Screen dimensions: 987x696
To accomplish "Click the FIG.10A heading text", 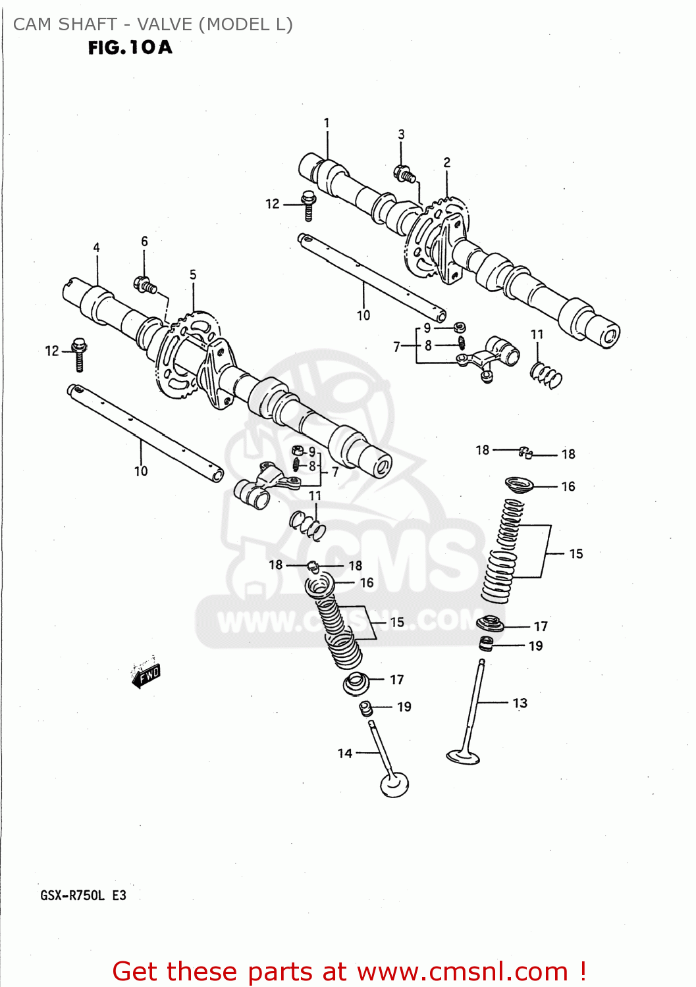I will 130,47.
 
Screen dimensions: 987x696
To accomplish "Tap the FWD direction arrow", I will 146,675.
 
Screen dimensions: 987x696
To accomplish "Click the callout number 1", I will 327,123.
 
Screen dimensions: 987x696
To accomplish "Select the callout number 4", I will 96,248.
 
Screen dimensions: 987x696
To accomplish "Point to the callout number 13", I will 520,703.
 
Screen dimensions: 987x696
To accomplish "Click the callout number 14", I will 345,753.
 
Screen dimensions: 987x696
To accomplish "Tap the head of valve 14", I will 394,784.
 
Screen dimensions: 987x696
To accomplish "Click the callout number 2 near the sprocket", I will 447,163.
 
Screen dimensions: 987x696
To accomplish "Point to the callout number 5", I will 193,275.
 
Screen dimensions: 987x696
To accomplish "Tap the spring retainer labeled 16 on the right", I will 520,486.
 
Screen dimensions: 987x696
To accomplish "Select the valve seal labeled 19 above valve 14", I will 366,708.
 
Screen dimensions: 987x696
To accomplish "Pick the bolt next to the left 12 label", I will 80,353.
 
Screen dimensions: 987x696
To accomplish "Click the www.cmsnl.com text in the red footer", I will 462,972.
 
